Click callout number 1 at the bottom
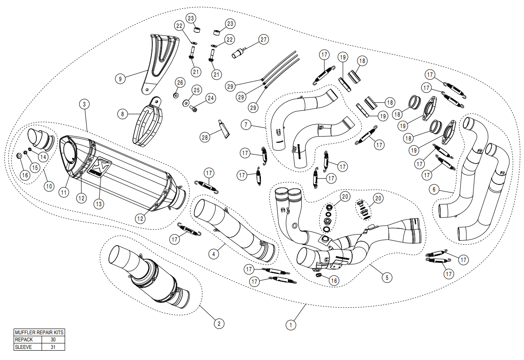point(291,325)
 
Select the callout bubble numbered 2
point(218,324)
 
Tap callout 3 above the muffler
point(85,104)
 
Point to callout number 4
point(213,254)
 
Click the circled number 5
point(386,278)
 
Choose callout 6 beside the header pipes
point(435,189)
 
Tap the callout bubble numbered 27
point(264,39)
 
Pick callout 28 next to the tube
point(205,137)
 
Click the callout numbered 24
point(210,98)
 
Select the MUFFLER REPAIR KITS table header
point(39,332)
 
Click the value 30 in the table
point(53,340)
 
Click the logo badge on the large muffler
point(100,165)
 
